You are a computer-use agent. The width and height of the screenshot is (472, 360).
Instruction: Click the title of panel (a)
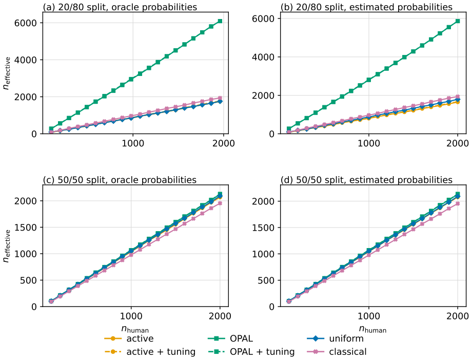point(120,7)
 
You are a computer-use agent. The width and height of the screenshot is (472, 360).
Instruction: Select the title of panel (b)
point(366,7)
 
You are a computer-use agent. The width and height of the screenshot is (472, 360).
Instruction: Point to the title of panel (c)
point(120,180)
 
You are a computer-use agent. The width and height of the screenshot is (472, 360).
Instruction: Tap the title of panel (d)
point(366,180)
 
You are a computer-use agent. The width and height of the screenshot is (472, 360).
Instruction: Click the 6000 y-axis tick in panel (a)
point(26,23)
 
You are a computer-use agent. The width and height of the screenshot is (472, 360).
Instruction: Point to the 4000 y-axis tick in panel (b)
point(263,57)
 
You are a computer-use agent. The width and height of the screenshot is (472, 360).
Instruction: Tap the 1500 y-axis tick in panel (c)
point(26,228)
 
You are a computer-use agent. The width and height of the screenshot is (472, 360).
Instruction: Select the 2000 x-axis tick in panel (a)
point(223,143)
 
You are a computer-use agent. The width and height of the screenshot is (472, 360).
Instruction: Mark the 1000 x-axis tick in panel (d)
point(369,316)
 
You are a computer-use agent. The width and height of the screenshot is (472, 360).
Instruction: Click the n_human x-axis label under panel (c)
point(135,329)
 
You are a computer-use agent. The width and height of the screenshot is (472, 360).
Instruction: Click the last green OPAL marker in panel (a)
point(220,21)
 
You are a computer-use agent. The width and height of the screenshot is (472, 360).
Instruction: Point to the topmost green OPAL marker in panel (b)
point(458,21)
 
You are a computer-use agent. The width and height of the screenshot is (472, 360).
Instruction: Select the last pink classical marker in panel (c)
point(220,203)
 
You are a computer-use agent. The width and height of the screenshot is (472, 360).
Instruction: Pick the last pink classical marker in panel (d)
point(458,204)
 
